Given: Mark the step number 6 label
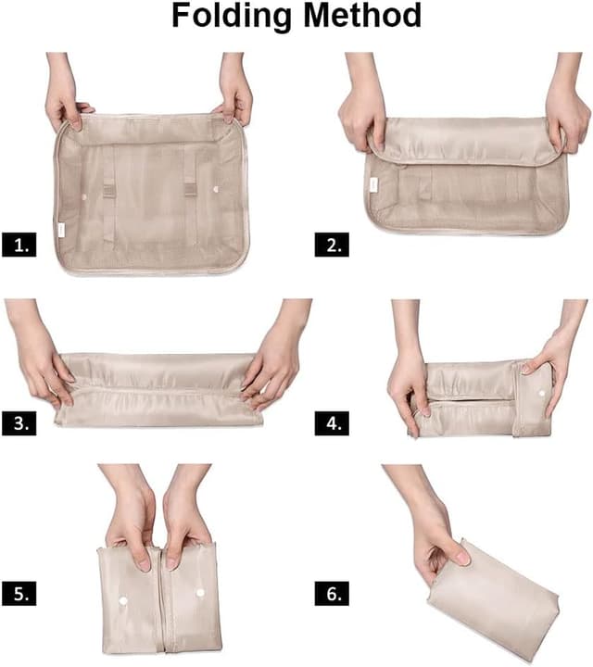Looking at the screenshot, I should tap(331, 593).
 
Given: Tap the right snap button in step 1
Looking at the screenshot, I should tap(216, 189).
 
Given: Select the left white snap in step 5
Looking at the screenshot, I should tap(124, 601).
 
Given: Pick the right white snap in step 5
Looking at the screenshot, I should tap(199, 590).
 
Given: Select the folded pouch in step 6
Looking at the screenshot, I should tap(496, 593).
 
